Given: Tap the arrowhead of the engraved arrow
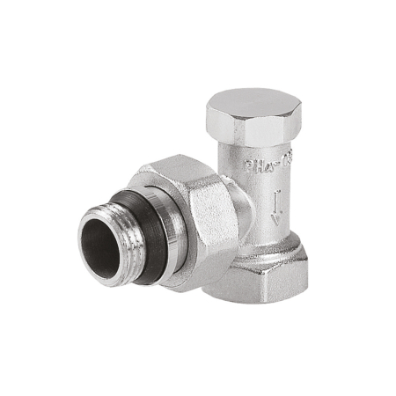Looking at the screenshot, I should coord(276,220).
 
